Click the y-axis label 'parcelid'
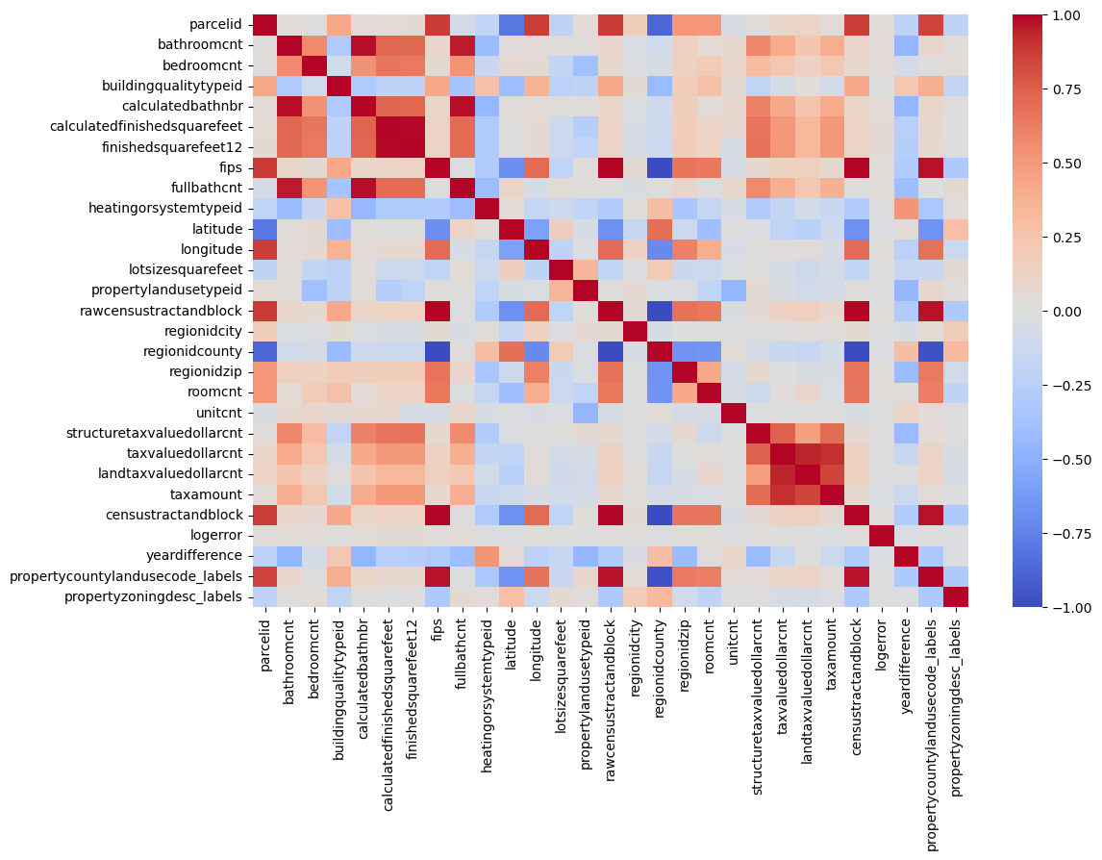220,24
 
